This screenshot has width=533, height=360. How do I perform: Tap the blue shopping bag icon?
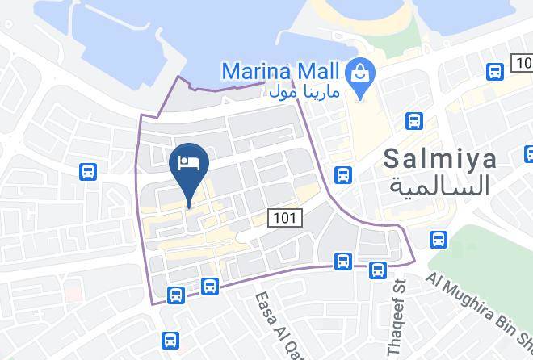pos(357,73)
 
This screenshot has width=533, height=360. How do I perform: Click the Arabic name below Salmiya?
pos(440,186)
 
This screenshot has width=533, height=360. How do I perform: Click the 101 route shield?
pos(284,217)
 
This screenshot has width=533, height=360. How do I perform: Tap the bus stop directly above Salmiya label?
pos(413,121)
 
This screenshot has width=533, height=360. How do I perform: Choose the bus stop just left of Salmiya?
pos(343,174)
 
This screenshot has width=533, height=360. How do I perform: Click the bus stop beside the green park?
pos(439,240)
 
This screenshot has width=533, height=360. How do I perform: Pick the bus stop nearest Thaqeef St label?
pos(378,270)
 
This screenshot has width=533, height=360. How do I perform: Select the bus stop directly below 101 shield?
pos(344,261)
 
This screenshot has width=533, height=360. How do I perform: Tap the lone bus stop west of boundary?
pos(88,171)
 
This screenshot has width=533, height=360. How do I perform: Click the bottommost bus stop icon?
pos(170,341)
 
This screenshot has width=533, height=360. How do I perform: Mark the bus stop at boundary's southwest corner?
pos(175,295)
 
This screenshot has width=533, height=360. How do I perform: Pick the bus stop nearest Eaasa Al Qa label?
pos(209,286)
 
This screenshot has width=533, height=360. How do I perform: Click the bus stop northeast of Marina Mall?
pos(495,72)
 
